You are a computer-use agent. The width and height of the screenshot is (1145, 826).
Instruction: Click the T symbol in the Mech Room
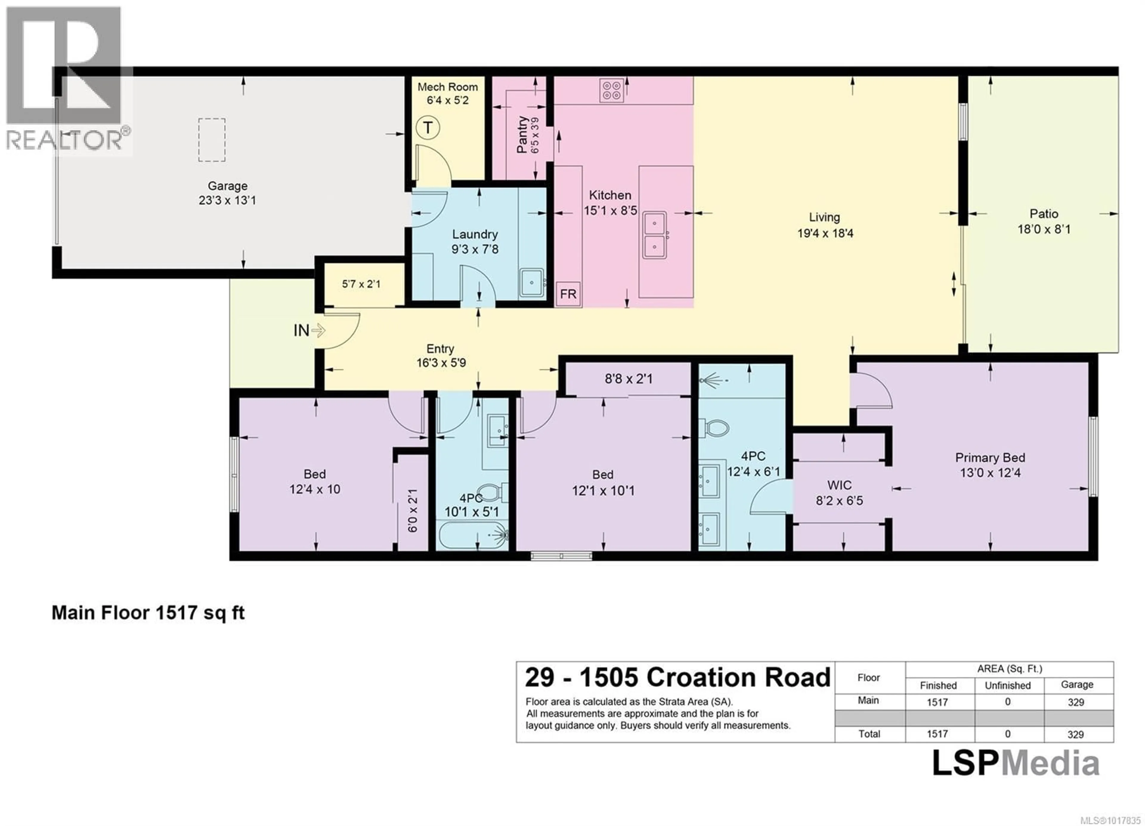(428, 128)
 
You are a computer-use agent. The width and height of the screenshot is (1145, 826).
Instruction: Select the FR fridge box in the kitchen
(568, 294)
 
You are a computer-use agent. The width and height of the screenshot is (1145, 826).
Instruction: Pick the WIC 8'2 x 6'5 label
(839, 493)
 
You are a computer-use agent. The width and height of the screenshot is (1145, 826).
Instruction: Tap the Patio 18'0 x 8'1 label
(1044, 221)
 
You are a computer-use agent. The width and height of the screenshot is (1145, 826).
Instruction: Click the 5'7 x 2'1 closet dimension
(361, 284)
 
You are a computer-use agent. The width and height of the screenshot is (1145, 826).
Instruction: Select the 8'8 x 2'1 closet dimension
(629, 378)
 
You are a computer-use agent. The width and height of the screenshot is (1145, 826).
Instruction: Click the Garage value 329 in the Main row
(1076, 702)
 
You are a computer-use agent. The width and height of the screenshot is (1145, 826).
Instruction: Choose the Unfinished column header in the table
(1007, 685)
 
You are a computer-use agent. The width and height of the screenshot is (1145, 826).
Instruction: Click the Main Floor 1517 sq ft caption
(148, 613)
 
